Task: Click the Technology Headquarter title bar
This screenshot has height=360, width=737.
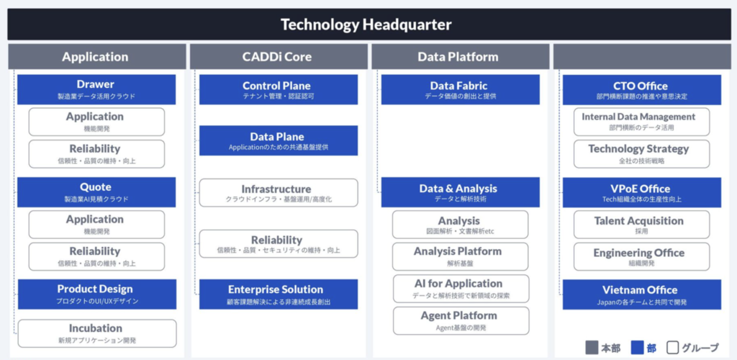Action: (366, 24)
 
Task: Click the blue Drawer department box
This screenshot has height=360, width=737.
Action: (96, 89)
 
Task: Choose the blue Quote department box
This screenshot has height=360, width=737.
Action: (96, 192)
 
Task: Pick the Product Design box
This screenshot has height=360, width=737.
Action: (97, 294)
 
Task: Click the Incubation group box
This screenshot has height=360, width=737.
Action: (97, 333)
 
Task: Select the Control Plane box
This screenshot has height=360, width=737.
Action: (279, 89)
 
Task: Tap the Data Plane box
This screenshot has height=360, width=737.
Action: (279, 140)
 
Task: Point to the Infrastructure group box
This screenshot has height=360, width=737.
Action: (279, 193)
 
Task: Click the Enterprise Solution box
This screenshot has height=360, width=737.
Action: (279, 294)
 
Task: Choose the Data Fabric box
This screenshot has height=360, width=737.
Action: (460, 89)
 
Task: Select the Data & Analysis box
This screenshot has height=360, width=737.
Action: (460, 192)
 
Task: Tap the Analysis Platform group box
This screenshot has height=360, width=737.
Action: (460, 256)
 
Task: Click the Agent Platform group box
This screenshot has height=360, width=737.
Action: (461, 321)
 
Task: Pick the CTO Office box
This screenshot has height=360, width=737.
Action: (641, 90)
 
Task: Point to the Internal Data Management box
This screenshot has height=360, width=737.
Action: (641, 122)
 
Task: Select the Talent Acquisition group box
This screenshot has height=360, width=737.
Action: (641, 225)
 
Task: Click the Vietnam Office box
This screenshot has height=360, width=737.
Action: (641, 294)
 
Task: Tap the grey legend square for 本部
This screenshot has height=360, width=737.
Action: (592, 348)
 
